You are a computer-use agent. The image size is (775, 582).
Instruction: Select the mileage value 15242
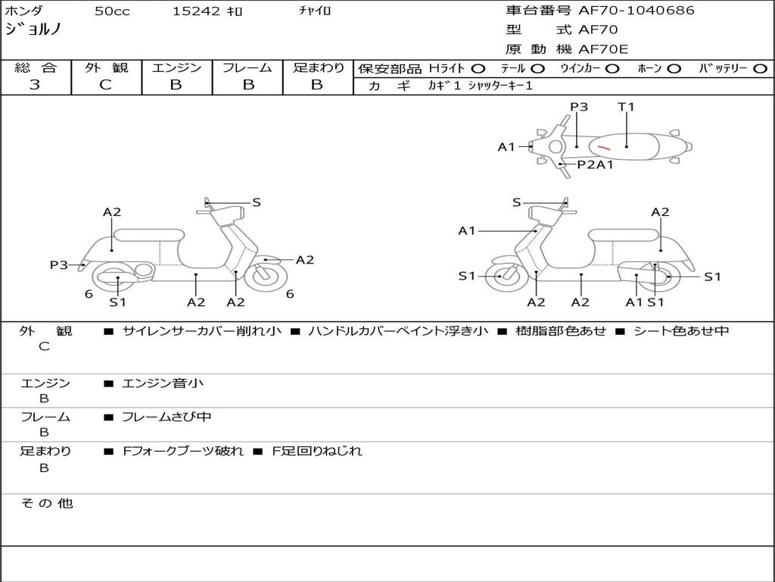pyautogui.click(x=196, y=11)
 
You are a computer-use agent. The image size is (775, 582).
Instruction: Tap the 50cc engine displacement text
pyautogui.click(x=110, y=11)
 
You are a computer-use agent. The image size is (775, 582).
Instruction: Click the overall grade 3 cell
pyautogui.click(x=35, y=85)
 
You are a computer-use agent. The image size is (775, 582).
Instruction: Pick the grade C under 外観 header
pyautogui.click(x=105, y=85)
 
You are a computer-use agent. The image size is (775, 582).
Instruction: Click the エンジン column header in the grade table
pyautogui.click(x=176, y=67)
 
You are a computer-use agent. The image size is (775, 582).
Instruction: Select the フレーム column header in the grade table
pyautogui.click(x=247, y=67)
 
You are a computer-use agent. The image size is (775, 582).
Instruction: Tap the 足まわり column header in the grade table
pyautogui.click(x=318, y=67)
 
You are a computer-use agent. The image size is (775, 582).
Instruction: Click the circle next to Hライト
pyautogui.click(x=478, y=68)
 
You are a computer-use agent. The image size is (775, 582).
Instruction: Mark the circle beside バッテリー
pyautogui.click(x=760, y=68)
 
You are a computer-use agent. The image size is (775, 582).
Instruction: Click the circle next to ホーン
pyautogui.click(x=674, y=68)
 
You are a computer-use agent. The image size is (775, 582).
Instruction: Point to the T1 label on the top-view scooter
pyautogui.click(x=626, y=107)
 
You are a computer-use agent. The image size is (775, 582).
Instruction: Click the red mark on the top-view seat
pyautogui.click(x=603, y=146)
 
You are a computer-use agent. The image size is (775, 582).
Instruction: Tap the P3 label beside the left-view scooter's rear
pyautogui.click(x=59, y=264)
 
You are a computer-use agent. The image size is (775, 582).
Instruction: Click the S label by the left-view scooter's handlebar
pyautogui.click(x=257, y=202)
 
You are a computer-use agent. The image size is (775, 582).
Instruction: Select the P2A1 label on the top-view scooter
pyautogui.click(x=595, y=164)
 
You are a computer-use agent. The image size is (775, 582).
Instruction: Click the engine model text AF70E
pyautogui.click(x=603, y=49)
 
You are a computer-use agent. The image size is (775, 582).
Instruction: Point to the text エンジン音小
pyautogui.click(x=163, y=383)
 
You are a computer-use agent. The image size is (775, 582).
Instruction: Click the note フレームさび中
pyautogui.click(x=167, y=417)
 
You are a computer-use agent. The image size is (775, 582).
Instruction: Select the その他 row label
pyautogui.click(x=46, y=502)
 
